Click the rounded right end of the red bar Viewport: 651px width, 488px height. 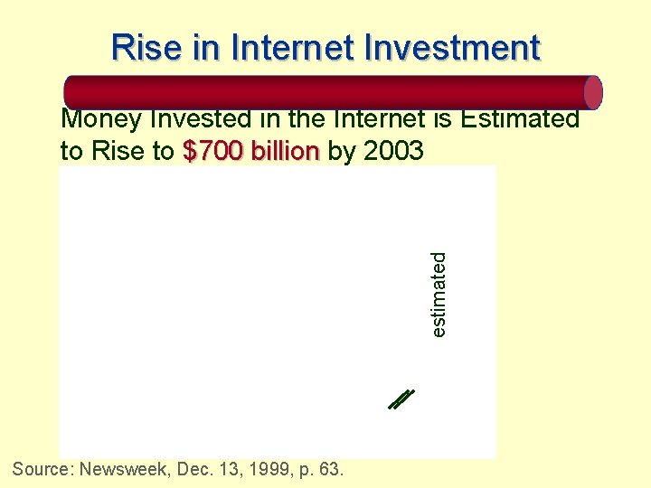(x=592, y=92)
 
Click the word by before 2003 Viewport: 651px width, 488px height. (x=342, y=152)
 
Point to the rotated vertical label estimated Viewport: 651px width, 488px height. (x=439, y=295)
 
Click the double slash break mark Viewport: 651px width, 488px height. (x=400, y=399)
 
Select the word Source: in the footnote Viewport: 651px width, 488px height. (x=43, y=469)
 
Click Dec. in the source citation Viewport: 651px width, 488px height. (x=198, y=469)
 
